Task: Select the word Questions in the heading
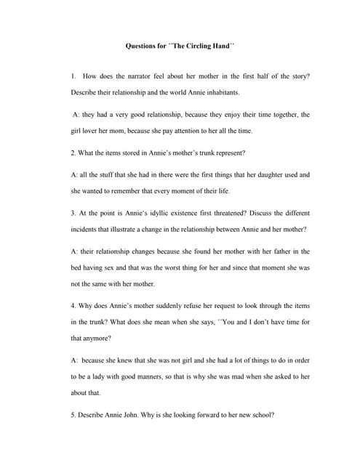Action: pos(143,46)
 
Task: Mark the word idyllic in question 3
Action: pos(156,214)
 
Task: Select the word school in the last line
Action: pos(258,415)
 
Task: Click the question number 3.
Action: pos(73,214)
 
